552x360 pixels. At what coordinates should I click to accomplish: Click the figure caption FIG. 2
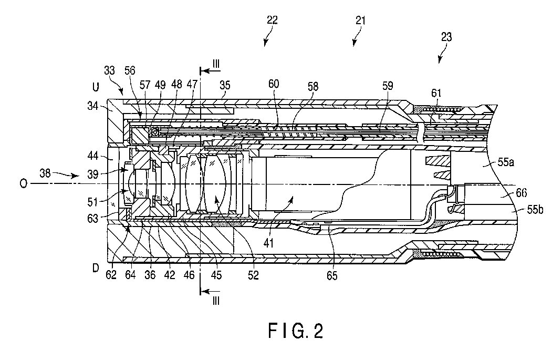296,331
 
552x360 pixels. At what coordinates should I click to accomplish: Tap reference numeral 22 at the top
272,20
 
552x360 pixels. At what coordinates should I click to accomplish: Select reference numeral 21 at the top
360,20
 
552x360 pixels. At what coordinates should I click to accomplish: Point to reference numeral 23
446,37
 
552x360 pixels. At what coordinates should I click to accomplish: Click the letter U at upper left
96,87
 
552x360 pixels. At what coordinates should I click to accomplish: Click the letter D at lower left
96,268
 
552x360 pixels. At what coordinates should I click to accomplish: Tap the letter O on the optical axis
23,184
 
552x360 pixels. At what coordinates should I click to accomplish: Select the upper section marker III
216,64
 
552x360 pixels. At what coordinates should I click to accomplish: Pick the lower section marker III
216,301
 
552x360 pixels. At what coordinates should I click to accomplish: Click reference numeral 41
268,243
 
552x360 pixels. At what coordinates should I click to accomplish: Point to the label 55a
506,162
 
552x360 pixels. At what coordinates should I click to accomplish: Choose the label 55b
535,210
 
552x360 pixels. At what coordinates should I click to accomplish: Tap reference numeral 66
522,193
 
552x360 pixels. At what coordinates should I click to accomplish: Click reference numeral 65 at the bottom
332,276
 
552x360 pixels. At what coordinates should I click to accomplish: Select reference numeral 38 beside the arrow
45,173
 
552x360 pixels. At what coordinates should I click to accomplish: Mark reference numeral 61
436,93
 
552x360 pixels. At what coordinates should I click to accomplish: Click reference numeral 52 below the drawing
253,275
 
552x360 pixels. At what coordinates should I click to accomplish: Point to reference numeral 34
93,105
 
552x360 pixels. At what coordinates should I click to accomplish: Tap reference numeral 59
387,86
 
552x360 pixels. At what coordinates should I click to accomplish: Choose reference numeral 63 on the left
93,219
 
